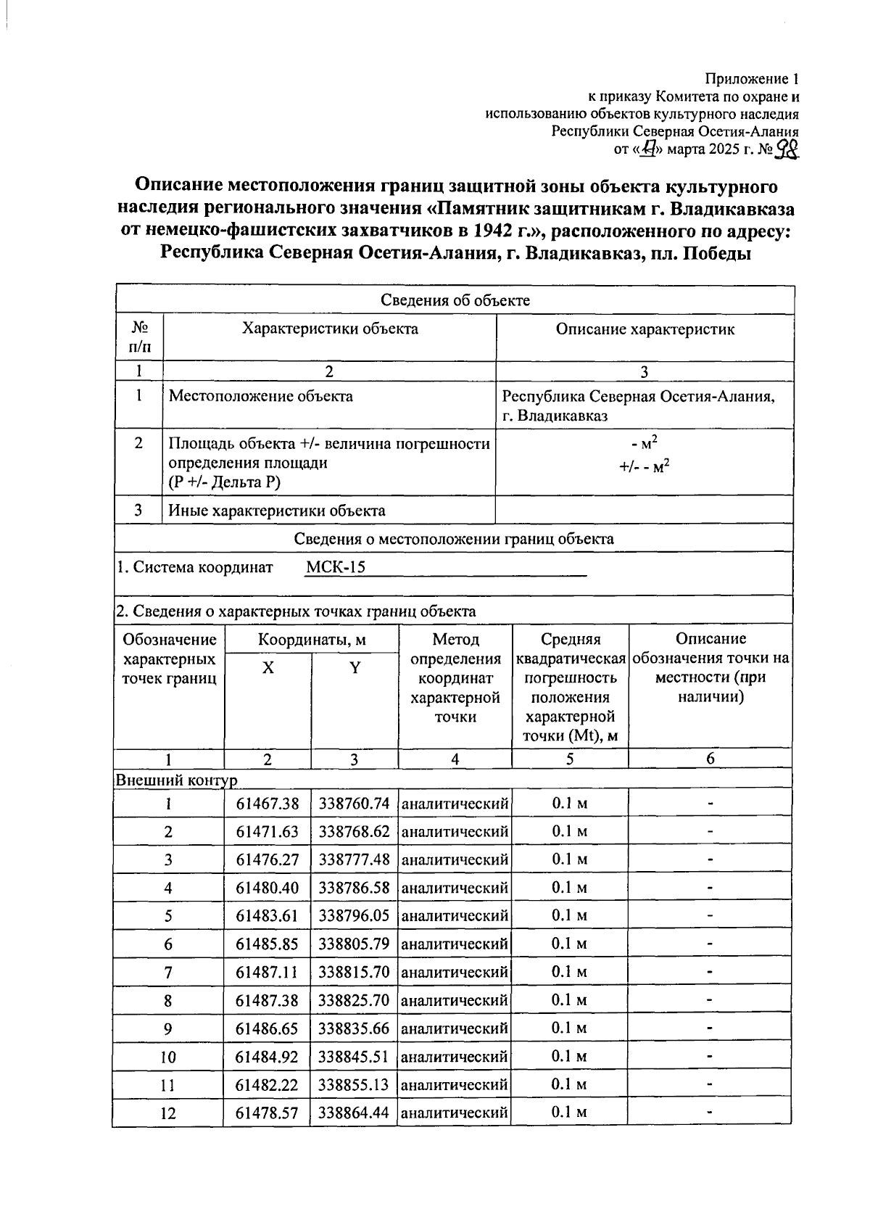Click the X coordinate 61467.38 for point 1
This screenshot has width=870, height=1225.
267,804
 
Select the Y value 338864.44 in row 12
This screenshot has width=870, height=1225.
354,1113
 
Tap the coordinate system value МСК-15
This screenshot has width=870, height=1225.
335,567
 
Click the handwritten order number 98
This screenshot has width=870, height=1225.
787,149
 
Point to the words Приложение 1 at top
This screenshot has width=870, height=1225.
752,78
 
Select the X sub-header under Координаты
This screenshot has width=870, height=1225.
268,668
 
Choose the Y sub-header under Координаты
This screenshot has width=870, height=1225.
355,668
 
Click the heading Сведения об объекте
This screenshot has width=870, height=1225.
455,300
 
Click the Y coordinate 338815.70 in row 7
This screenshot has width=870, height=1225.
354,972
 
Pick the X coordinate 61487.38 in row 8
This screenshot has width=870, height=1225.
267,1000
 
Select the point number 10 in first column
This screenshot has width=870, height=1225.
167,1057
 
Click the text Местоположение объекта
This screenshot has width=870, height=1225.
261,396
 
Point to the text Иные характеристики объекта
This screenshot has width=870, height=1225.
277,511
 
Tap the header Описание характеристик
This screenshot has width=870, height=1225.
645,329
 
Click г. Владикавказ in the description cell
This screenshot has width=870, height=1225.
555,416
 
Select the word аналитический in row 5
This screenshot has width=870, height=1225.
455,916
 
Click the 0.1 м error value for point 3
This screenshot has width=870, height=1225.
569,859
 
